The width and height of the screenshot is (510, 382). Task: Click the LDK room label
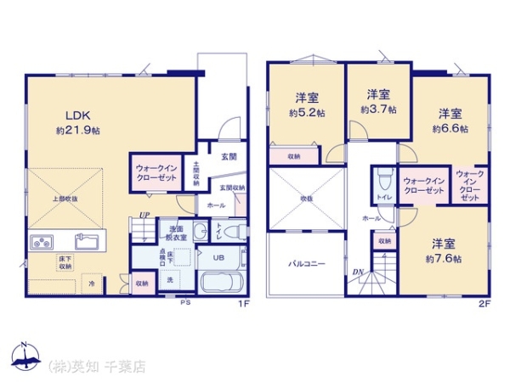[74, 115]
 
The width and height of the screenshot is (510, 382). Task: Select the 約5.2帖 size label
[307, 113]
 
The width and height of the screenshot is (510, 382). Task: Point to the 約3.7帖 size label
[377, 109]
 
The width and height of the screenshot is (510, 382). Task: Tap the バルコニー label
[305, 265]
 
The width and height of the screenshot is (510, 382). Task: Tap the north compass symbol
[25, 356]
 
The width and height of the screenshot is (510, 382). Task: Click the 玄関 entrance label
[229, 156]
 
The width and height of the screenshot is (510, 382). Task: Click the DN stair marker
[358, 272]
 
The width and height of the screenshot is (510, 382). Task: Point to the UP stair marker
[145, 216]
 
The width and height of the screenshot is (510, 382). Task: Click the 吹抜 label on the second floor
[306, 200]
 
